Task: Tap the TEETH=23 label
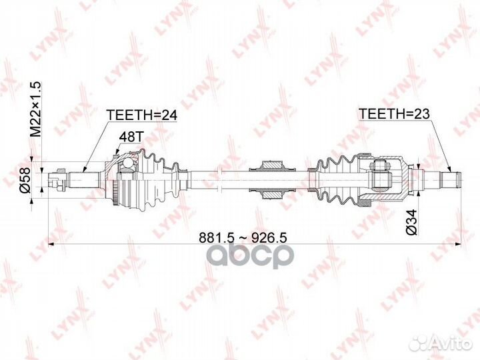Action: [x=394, y=113]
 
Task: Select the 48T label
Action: [x=131, y=137]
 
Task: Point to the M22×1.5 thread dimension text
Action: [x=35, y=109]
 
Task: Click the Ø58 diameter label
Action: [x=25, y=180]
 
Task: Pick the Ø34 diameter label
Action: [x=411, y=222]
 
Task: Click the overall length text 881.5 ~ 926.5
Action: [x=243, y=237]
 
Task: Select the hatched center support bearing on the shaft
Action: [x=271, y=180]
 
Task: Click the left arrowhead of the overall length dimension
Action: [x=51, y=244]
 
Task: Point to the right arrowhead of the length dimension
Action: [x=458, y=244]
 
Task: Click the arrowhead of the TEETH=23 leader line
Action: [x=450, y=169]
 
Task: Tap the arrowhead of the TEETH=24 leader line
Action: [x=85, y=169]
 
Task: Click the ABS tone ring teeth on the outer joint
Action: [x=115, y=193]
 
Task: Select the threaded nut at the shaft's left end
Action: [x=57, y=180]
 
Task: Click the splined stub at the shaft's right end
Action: [x=450, y=180]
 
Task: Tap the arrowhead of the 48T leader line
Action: [x=116, y=151]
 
